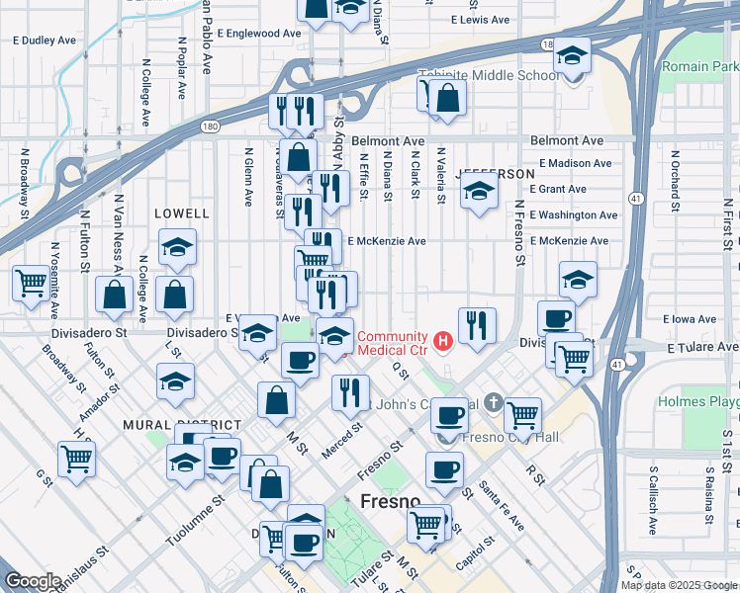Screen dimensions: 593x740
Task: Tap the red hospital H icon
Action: [x=443, y=342]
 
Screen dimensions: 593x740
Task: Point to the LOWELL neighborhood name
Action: [x=182, y=213]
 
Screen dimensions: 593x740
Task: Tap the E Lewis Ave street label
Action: [x=480, y=20]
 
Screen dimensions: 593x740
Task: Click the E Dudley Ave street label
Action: [x=44, y=42]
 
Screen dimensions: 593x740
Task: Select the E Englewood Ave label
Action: [x=258, y=33]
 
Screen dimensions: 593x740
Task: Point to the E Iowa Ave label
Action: [x=694, y=319]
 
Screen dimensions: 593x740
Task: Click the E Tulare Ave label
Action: [x=703, y=348]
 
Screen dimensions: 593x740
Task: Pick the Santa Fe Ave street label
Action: [x=502, y=503]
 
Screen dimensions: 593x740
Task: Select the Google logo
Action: [x=33, y=581]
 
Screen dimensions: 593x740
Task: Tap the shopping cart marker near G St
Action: [x=76, y=459]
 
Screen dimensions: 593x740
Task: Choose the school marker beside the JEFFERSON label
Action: [x=479, y=193]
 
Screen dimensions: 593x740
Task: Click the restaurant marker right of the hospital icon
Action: [x=477, y=326]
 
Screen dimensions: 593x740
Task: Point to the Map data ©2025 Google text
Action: [x=679, y=585]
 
